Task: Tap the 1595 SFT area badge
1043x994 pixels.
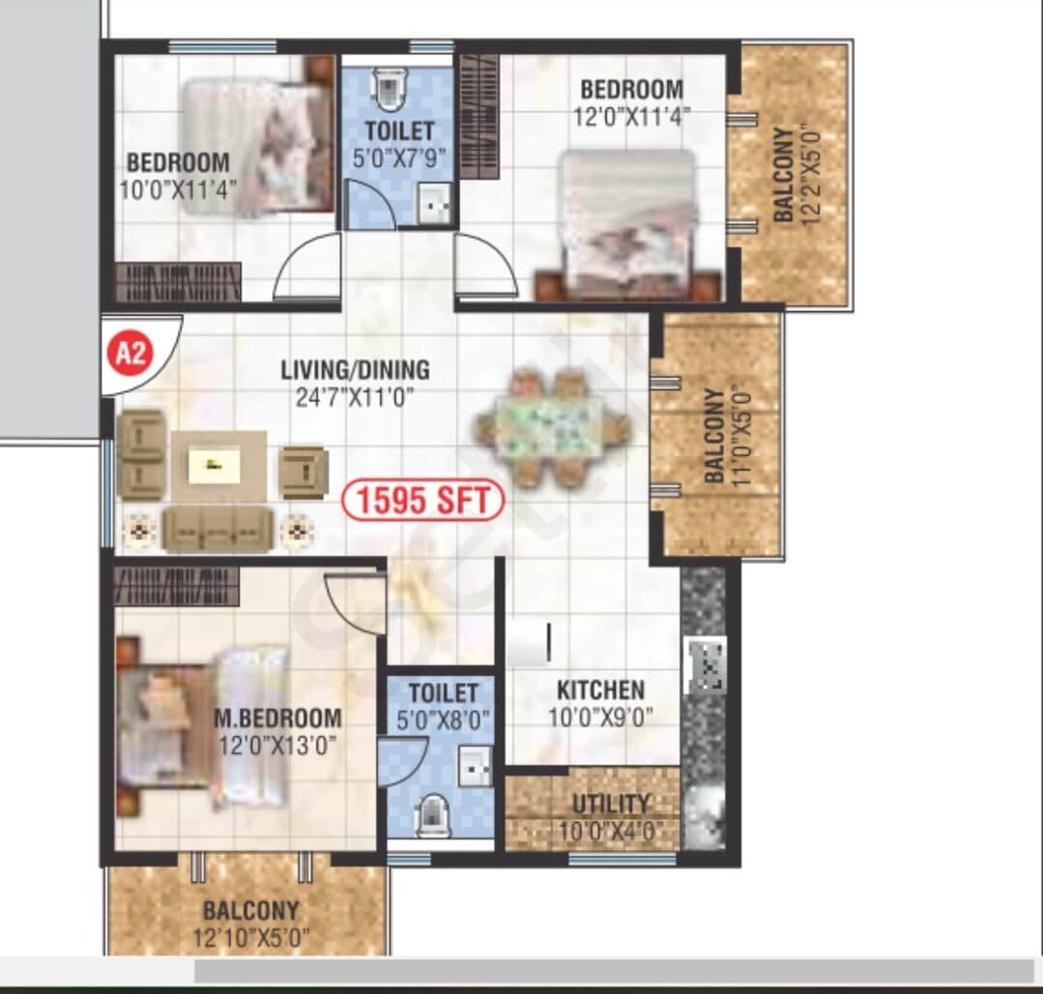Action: (x=424, y=501)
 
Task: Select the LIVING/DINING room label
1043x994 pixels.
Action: (x=355, y=370)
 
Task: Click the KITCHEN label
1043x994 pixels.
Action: (x=600, y=691)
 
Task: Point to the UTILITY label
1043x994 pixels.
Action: (x=610, y=804)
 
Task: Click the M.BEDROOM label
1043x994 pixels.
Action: (x=277, y=719)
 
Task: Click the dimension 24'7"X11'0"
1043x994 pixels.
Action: (x=355, y=395)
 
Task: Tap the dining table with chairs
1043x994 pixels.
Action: (x=551, y=427)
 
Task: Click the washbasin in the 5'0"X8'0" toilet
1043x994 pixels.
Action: (x=477, y=765)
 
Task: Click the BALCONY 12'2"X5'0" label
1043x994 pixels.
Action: (x=785, y=175)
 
